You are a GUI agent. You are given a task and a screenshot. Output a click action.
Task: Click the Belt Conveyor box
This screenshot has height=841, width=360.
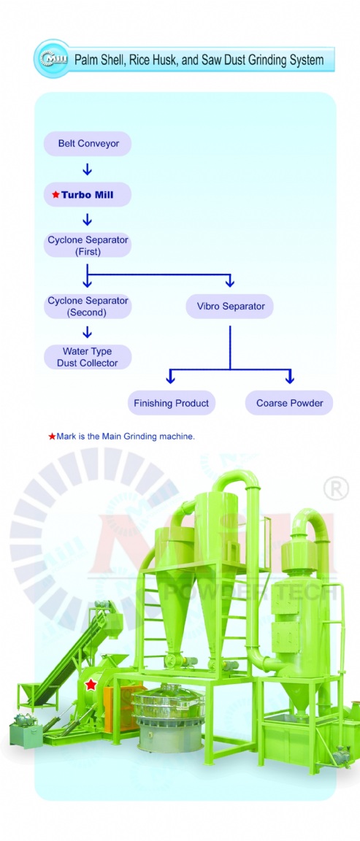click(88, 144)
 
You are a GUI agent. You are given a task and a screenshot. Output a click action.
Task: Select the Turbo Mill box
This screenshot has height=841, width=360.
click(88, 195)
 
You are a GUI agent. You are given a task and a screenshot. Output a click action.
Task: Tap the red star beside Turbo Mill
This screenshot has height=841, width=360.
click(55, 195)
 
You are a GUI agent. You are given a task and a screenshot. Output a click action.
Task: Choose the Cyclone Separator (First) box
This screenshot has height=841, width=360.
click(88, 245)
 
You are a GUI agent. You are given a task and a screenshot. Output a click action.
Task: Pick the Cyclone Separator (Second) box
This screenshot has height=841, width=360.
click(88, 307)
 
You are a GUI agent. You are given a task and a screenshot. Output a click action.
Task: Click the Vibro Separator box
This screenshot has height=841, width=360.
click(230, 307)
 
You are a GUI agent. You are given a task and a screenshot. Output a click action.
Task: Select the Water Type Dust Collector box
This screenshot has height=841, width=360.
click(88, 357)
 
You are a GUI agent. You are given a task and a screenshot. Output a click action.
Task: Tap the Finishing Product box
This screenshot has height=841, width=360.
click(171, 403)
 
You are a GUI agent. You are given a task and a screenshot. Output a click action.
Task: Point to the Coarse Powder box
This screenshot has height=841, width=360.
click(289, 403)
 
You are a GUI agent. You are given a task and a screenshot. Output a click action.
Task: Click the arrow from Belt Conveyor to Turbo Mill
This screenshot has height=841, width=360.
click(88, 169)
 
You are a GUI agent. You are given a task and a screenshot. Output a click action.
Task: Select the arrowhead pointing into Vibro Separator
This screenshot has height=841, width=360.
click(230, 283)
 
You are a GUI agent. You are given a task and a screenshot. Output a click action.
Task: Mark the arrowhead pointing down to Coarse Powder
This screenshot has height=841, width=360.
click(290, 379)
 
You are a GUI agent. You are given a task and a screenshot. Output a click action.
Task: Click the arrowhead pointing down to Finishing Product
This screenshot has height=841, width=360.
click(171, 379)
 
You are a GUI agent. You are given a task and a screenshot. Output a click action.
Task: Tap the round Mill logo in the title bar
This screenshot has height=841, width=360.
click(52, 58)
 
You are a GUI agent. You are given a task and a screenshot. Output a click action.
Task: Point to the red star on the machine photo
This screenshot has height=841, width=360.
click(91, 684)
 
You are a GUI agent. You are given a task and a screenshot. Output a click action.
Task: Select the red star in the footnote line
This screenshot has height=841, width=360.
click(52, 437)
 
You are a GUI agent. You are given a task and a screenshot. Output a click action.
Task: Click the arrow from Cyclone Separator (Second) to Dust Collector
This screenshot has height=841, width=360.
click(88, 332)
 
